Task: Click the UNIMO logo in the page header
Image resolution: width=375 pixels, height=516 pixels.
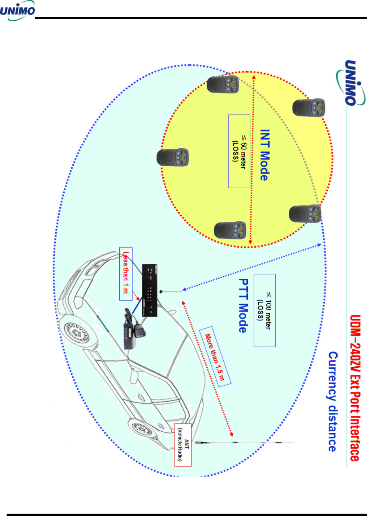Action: pos(18,11)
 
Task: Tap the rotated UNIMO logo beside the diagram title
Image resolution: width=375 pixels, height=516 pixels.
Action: pos(350,83)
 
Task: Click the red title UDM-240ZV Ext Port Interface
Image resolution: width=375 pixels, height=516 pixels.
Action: pos(355,388)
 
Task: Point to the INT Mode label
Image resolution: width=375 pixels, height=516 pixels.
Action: pos(265,155)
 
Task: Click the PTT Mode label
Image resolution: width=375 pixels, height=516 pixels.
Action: pos(243,305)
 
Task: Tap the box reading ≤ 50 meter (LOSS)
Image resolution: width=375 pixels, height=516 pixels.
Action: pos(239,151)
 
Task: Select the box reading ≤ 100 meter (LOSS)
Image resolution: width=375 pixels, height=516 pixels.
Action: pos(264,310)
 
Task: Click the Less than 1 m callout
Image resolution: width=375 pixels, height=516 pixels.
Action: pos(126,274)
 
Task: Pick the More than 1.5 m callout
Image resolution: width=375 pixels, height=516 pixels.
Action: pos(215,356)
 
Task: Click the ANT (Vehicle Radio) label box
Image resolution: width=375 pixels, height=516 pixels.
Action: pos(183,445)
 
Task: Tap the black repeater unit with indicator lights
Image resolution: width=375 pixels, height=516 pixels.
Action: pos(149,290)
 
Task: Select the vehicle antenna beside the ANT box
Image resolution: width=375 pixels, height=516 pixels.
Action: pos(242,443)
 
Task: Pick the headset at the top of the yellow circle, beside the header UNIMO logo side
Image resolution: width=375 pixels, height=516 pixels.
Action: pos(223,84)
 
